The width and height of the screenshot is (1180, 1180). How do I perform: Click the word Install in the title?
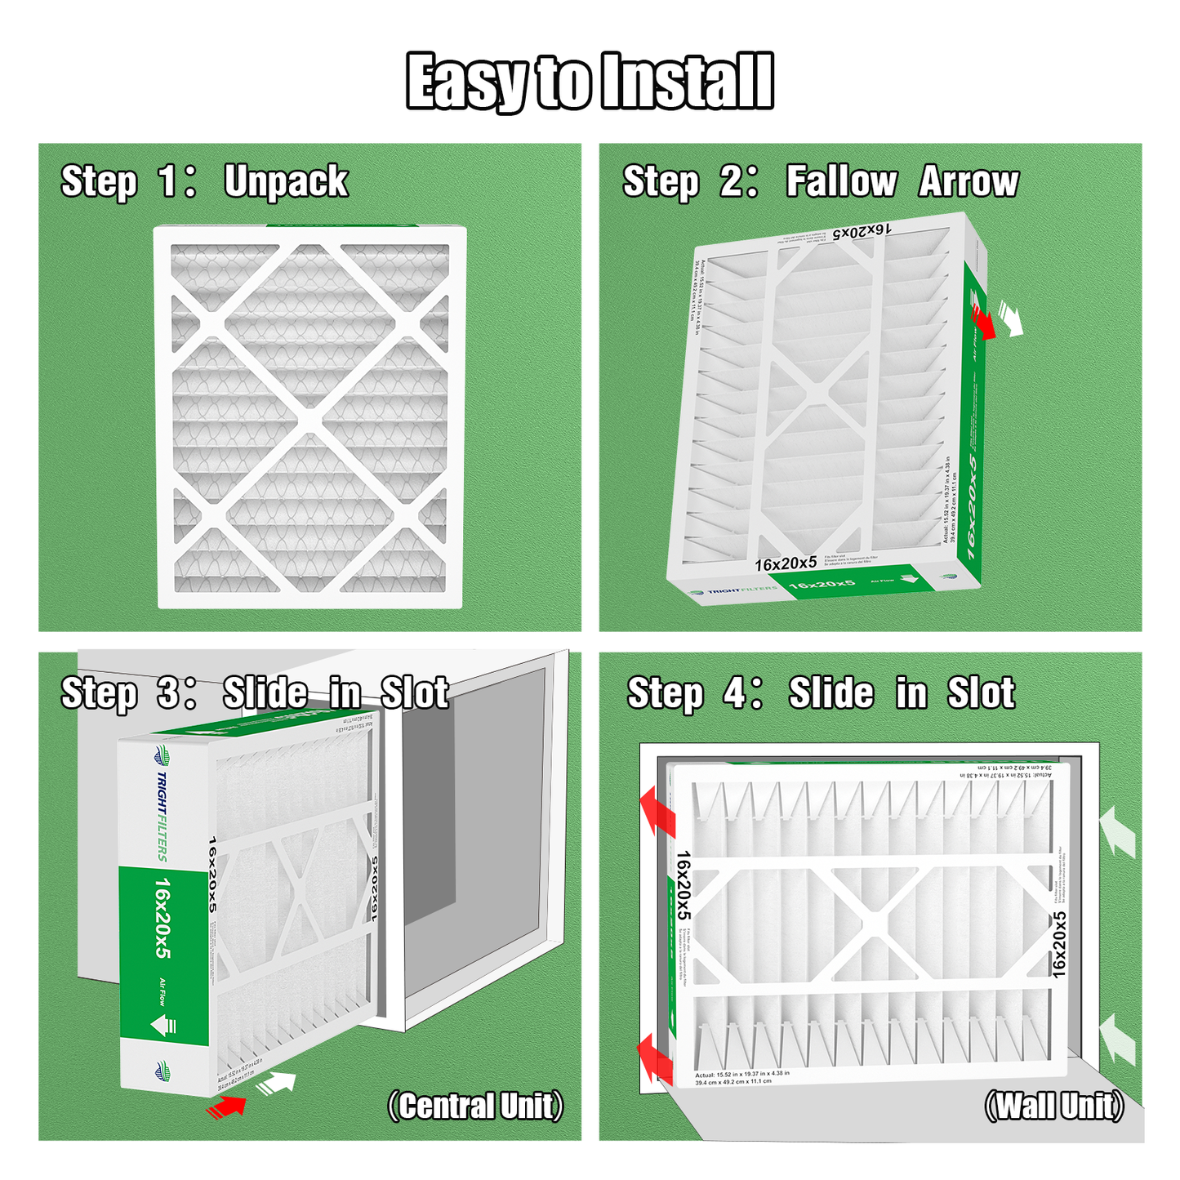click(x=686, y=82)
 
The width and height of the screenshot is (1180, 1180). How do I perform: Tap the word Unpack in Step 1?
click(x=286, y=181)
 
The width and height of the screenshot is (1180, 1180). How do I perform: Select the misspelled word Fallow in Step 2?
click(x=841, y=181)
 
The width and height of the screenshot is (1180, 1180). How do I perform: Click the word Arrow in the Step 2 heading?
click(x=969, y=181)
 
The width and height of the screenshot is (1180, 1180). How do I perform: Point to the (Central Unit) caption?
click(x=475, y=1107)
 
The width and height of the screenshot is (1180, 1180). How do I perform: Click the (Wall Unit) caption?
click(x=1054, y=1107)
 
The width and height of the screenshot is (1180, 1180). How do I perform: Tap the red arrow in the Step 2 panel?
click(x=983, y=322)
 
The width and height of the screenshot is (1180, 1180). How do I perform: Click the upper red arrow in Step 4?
click(x=657, y=811)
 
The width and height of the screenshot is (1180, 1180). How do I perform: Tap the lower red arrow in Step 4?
click(x=656, y=1059)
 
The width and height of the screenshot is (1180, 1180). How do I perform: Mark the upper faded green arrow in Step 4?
click(x=1117, y=830)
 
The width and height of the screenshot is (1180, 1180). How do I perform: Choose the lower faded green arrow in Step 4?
click(x=1117, y=1039)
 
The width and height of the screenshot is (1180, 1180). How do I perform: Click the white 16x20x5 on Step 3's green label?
click(x=163, y=919)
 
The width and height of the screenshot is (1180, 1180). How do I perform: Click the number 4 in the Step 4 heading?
click(x=734, y=692)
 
